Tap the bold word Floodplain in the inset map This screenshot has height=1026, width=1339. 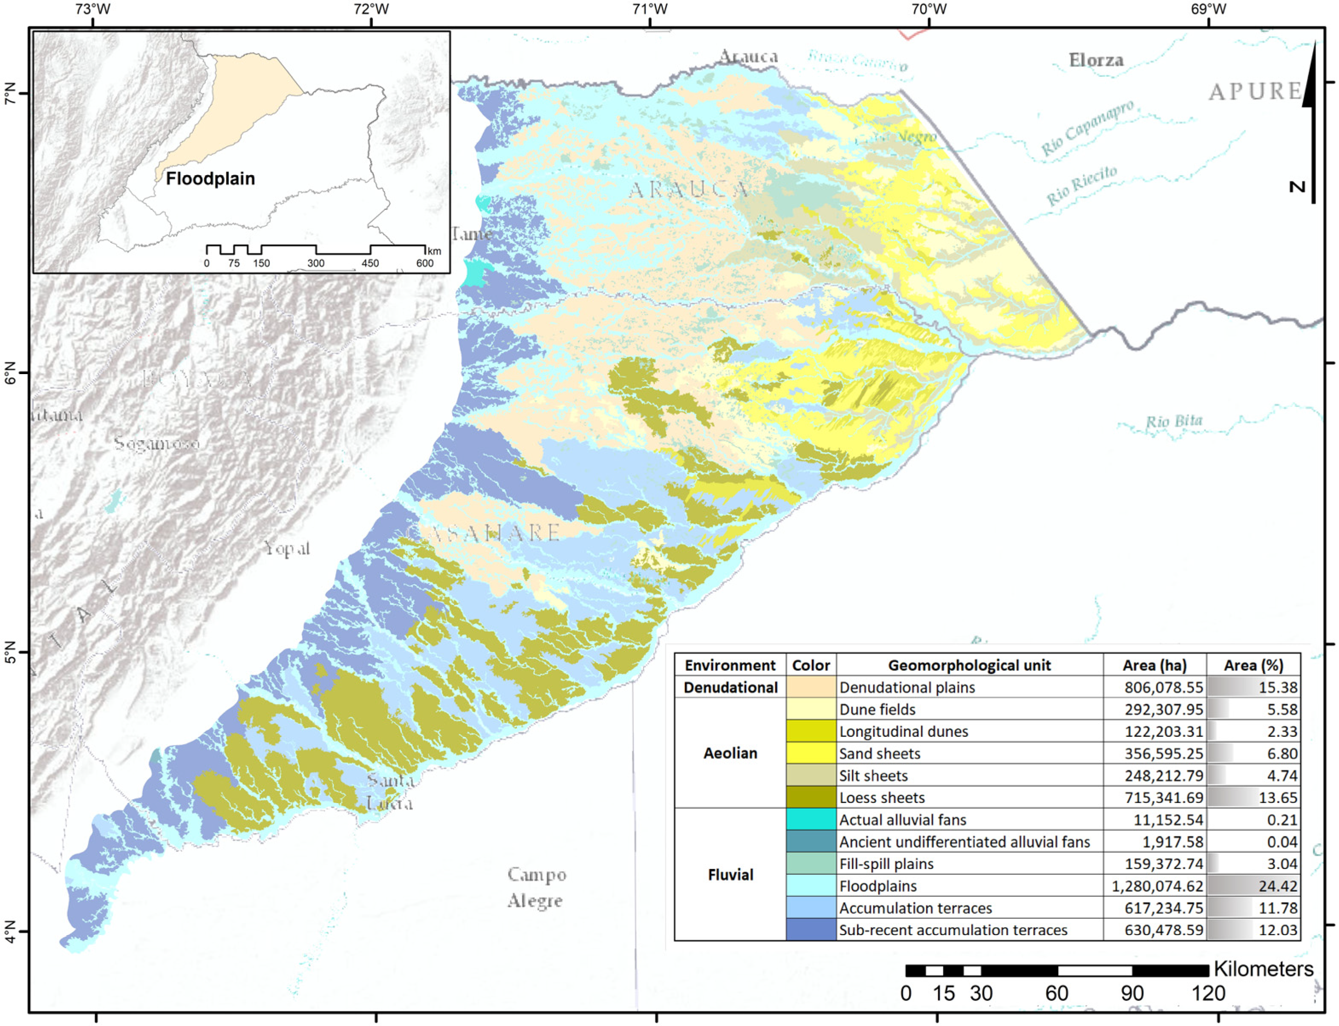[x=210, y=179]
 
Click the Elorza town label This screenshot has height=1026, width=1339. [x=1096, y=60]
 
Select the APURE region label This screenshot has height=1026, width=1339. [x=1255, y=92]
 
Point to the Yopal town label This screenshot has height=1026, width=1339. [x=287, y=548]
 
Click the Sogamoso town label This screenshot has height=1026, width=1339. [x=157, y=444]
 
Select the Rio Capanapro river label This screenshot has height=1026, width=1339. [x=1087, y=128]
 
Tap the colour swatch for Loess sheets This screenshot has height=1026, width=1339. [x=811, y=798]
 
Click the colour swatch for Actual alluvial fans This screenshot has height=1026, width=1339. [x=811, y=820]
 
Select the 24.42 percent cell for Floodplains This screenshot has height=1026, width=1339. [x=1253, y=885]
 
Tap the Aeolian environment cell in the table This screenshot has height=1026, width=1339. [x=730, y=753]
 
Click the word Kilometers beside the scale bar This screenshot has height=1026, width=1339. [x=1263, y=968]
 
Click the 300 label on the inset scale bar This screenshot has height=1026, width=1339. [x=316, y=263]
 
